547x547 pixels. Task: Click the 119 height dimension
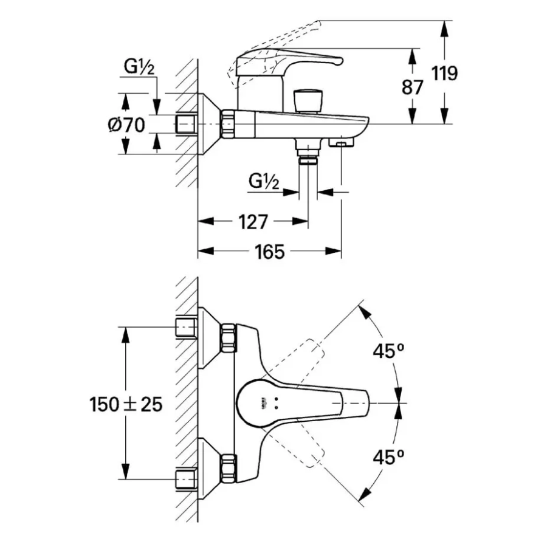click(x=444, y=74)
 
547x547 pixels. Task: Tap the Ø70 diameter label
click(x=126, y=125)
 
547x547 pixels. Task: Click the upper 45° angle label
click(x=390, y=351)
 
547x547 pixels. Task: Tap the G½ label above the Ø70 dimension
click(x=139, y=68)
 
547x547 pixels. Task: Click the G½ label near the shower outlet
click(x=264, y=181)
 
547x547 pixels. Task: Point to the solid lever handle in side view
click(x=292, y=61)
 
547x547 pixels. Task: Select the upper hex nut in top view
click(x=228, y=337)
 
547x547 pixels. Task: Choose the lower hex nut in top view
click(x=228, y=469)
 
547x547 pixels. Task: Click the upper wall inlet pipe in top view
click(x=186, y=327)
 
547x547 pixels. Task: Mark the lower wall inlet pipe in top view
click(x=186, y=478)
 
